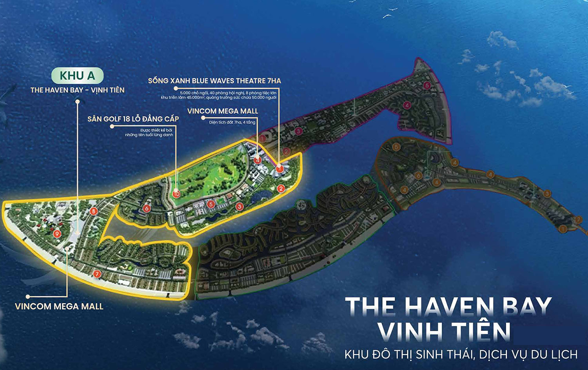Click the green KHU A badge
coord(78,76)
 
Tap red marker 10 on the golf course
coord(176,194)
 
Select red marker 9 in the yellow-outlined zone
coord(57,234)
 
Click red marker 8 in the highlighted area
coord(93,212)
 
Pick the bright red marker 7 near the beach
coord(97,274)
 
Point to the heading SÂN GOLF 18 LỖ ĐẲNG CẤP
coord(133,119)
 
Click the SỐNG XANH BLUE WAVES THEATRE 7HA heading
coord(214,81)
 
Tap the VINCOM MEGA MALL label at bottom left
coord(59,307)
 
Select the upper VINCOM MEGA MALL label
coord(223,111)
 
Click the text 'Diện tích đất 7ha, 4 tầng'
coord(232,122)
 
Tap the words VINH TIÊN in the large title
coord(445,332)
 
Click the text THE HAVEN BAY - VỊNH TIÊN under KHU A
coord(78,90)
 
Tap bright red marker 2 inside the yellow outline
coord(281,189)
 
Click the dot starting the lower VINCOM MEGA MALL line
coord(28,297)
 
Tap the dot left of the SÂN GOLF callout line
coord(112,126)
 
